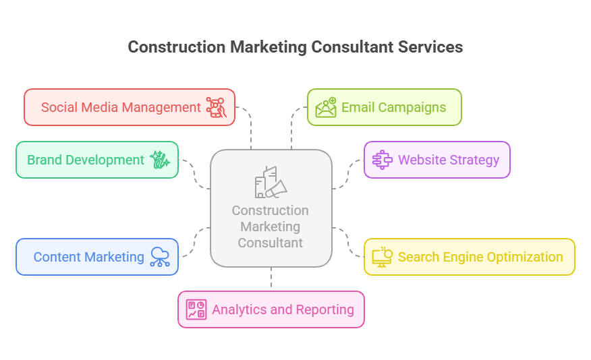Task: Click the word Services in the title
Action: [x=430, y=47]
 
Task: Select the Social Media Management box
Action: [x=130, y=107]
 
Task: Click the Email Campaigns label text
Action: [x=393, y=107]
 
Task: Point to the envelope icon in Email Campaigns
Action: [x=326, y=108]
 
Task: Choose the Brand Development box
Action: [x=97, y=160]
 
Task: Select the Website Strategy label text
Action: [x=448, y=160]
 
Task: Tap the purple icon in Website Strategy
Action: [x=382, y=160]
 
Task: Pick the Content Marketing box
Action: [x=97, y=257]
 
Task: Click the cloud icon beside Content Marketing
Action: [x=160, y=257]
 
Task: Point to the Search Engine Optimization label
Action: [x=480, y=257]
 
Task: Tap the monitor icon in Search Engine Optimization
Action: [x=382, y=257]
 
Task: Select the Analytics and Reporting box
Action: [x=271, y=309]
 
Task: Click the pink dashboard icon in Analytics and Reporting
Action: [x=196, y=309]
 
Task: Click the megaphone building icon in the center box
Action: [x=271, y=182]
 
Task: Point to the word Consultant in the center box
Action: [x=271, y=243]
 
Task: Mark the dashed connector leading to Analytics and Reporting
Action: [x=271, y=278]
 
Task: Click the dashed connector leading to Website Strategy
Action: [x=349, y=174]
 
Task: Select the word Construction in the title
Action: [x=177, y=47]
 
